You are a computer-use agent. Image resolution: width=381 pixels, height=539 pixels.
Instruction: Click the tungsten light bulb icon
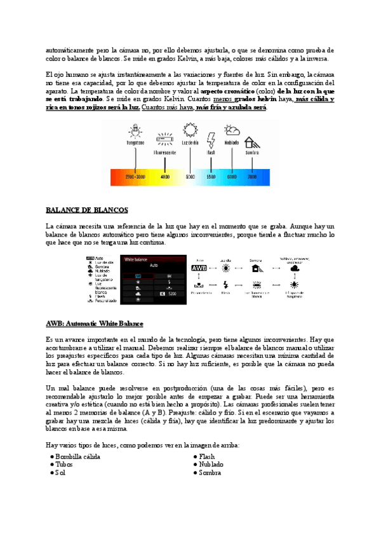(x=135, y=131)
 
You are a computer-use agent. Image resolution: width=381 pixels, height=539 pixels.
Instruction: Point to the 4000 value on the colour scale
(x=165, y=177)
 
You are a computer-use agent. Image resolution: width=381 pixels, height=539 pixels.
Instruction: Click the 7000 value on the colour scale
(x=252, y=177)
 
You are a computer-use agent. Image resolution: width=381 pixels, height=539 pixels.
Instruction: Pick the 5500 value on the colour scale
(x=211, y=177)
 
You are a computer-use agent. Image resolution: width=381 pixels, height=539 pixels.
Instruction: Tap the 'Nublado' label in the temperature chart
(x=232, y=144)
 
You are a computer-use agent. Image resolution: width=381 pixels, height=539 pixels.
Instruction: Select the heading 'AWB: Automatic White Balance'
(x=95, y=324)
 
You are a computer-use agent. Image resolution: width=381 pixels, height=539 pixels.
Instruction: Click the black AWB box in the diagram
(x=199, y=269)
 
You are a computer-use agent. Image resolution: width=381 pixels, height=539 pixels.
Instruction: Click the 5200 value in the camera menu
(x=174, y=294)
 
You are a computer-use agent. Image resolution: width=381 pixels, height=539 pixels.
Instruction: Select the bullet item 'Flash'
(x=206, y=456)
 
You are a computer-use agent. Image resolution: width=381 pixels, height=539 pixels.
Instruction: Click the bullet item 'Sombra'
(x=210, y=473)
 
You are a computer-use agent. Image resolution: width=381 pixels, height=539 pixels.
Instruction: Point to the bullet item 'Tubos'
(x=63, y=465)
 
